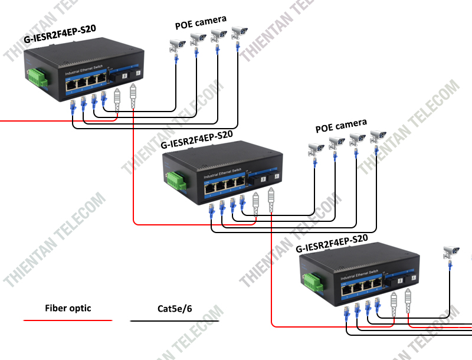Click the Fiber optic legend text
point(68,308)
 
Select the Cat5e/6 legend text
point(175,308)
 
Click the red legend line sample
point(68,320)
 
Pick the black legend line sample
point(175,321)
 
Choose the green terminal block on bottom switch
point(313,281)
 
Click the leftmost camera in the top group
point(176,44)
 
